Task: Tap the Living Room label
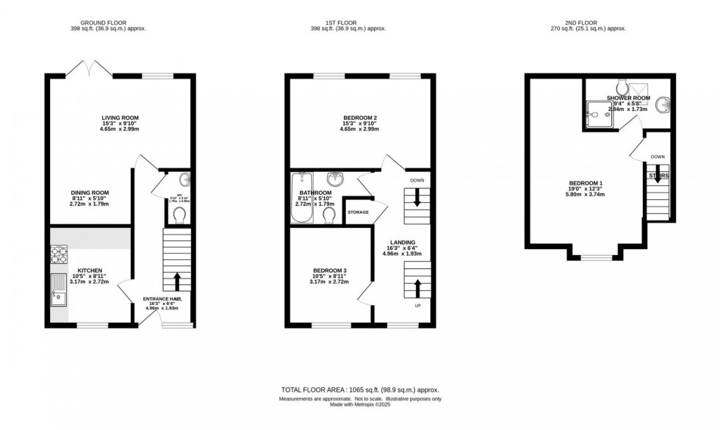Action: pyautogui.click(x=120, y=118)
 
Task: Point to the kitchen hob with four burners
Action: pyautogui.click(x=60, y=254)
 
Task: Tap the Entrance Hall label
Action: pyautogui.click(x=162, y=299)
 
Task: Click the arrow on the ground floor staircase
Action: pyautogui.click(x=176, y=281)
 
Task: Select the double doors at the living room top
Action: pyautogui.click(x=89, y=70)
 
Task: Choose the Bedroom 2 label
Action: pyautogui.click(x=359, y=118)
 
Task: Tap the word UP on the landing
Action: pyautogui.click(x=418, y=304)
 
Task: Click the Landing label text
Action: pyautogui.click(x=403, y=242)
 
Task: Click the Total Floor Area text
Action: pyautogui.click(x=360, y=390)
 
